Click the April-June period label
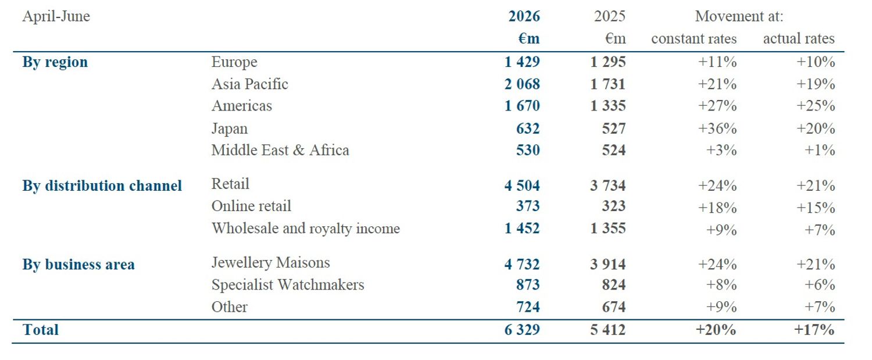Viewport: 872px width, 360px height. click(56, 16)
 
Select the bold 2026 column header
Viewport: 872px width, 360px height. click(524, 16)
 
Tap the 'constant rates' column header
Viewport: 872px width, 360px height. click(694, 38)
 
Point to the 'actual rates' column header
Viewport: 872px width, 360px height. click(798, 38)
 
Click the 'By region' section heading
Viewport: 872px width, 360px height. click(55, 62)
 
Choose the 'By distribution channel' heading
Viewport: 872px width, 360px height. click(102, 186)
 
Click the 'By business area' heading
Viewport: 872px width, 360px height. click(78, 265)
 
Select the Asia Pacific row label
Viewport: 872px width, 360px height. click(249, 84)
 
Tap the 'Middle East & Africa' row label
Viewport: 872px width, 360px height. click(280, 150)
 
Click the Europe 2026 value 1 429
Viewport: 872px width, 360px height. click(522, 62)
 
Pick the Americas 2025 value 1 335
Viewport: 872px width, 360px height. click(607, 106)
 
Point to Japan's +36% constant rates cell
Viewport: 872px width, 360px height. click(717, 128)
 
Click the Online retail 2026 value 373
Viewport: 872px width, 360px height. click(528, 206)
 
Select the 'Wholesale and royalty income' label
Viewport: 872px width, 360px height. click(306, 229)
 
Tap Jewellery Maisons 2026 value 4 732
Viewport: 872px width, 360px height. click(522, 264)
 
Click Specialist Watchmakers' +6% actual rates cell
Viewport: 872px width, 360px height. click(820, 285)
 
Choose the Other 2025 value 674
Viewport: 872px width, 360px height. click(614, 307)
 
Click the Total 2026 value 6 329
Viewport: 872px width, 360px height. click(522, 330)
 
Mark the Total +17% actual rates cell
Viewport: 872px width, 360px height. click(814, 330)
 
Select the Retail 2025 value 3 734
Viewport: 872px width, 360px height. click(607, 186)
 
